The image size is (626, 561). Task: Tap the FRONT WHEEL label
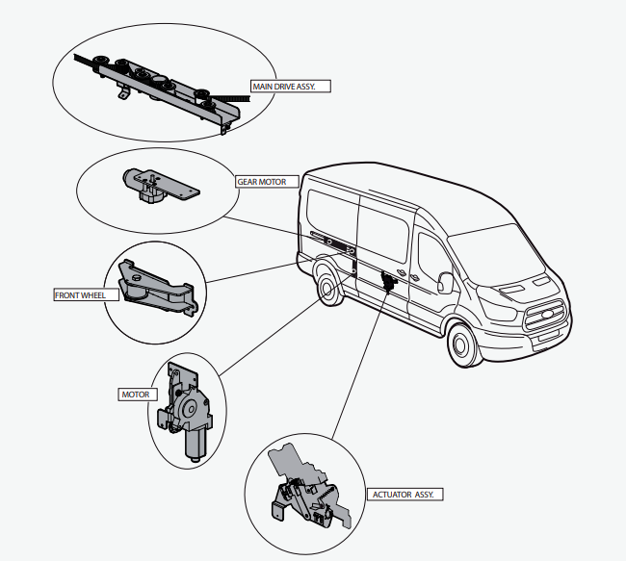click(x=80, y=295)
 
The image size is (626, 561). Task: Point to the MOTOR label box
click(x=133, y=395)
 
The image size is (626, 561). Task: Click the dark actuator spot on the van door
click(x=390, y=278)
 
